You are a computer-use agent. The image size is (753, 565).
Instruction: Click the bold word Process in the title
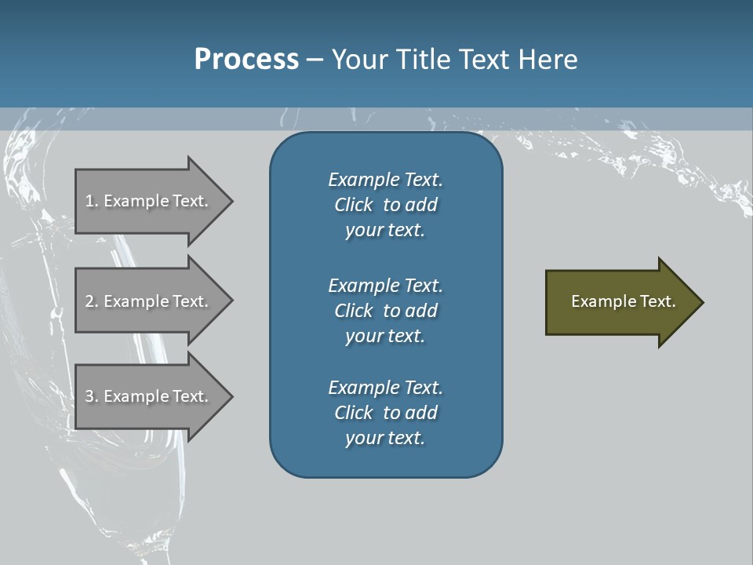pos(246,60)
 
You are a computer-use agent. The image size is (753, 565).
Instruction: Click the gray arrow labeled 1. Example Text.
pos(149,201)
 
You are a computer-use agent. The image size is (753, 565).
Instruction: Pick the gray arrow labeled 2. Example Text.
pos(149,301)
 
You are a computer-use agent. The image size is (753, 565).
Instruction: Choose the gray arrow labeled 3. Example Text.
pos(149,396)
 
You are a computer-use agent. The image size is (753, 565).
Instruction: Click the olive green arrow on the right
pos(620,302)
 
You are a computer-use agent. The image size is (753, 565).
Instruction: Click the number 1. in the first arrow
pos(91,201)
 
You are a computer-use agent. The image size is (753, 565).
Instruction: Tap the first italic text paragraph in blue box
pos(385,205)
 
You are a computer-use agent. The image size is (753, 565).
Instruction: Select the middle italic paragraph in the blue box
pos(385,310)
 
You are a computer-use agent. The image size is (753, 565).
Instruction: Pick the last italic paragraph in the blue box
pos(385,413)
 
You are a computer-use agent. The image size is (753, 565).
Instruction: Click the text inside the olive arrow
pos(623,301)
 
